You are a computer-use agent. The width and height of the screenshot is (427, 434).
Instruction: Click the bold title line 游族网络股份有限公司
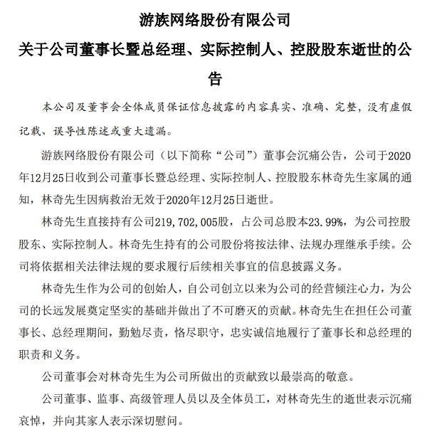[213, 15]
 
